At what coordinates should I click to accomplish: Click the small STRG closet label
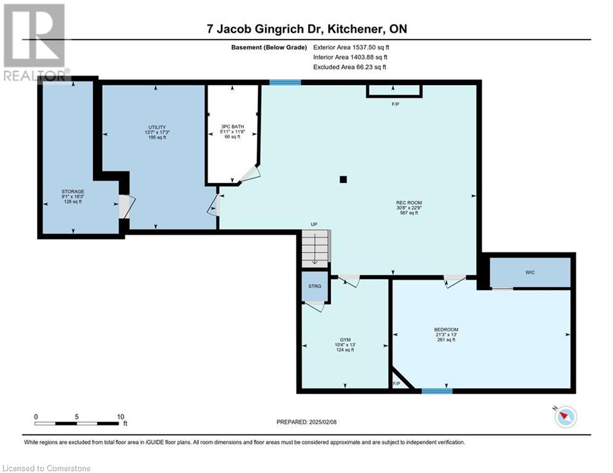click(x=315, y=286)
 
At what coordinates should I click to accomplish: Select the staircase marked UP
click(x=315, y=248)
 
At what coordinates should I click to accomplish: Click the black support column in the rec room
click(x=343, y=180)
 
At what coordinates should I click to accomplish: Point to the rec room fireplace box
click(x=394, y=91)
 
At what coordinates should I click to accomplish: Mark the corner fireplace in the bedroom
click(x=397, y=379)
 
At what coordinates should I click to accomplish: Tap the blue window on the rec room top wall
click(x=285, y=82)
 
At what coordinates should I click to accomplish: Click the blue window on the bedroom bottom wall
click(x=437, y=390)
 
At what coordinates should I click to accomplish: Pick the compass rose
click(x=564, y=417)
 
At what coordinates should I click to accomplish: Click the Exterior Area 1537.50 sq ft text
click(x=351, y=47)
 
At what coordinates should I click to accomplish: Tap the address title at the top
click(x=306, y=29)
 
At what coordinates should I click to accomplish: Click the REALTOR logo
click(x=35, y=43)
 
